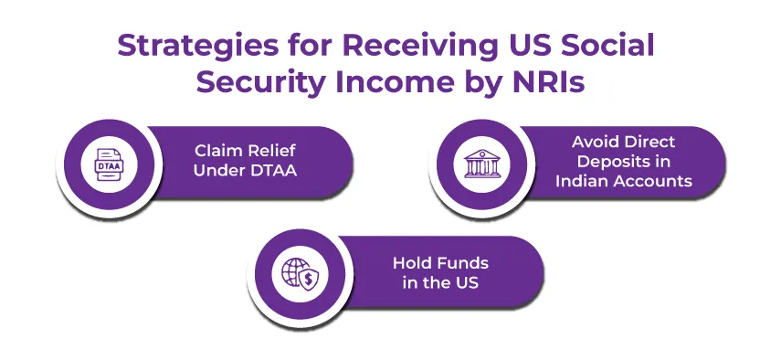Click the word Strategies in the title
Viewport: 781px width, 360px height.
(x=198, y=47)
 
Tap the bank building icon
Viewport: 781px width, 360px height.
(x=481, y=164)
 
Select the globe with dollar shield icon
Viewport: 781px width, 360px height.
(x=300, y=274)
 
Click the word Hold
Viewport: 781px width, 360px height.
(x=410, y=263)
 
